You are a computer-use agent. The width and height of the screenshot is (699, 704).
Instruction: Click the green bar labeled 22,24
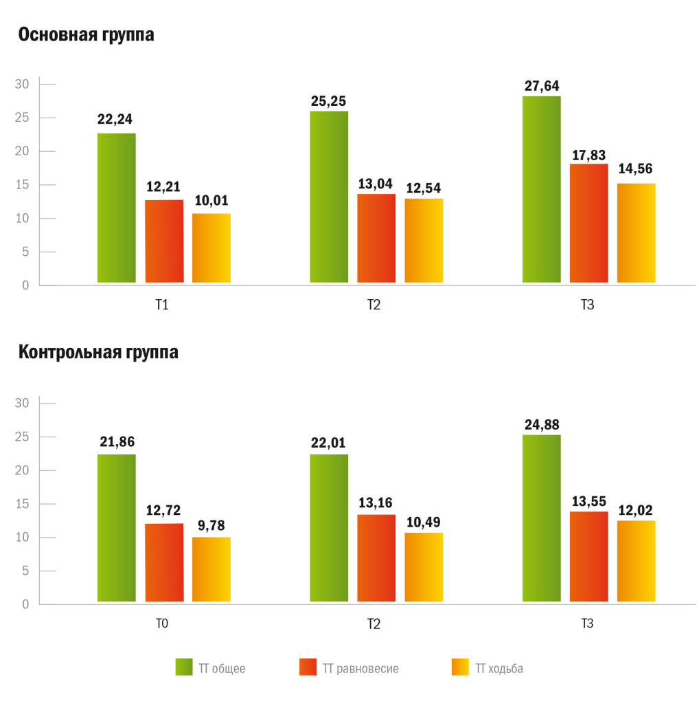(x=117, y=208)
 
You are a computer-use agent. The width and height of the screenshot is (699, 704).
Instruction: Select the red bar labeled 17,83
(x=588, y=223)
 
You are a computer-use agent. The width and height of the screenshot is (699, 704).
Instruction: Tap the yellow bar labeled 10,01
(x=211, y=247)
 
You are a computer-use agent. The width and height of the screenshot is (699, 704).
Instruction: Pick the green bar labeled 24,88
(x=542, y=518)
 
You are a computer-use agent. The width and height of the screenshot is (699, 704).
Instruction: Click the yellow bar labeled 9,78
(x=211, y=569)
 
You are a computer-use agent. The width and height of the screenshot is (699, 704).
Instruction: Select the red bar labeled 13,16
(x=376, y=558)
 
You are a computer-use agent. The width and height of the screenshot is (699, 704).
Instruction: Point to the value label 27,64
(x=542, y=86)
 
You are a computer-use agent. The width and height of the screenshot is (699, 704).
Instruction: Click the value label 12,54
(x=423, y=188)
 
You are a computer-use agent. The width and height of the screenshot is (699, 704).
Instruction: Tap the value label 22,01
(x=328, y=443)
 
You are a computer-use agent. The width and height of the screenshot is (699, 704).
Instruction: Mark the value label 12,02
(x=635, y=510)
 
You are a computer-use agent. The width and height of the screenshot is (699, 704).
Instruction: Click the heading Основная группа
(x=86, y=34)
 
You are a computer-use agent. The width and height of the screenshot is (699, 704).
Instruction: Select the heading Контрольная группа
(x=98, y=352)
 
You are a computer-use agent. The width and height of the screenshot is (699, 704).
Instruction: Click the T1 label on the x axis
(x=162, y=305)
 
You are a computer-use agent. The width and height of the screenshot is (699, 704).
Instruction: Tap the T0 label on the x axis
(x=162, y=623)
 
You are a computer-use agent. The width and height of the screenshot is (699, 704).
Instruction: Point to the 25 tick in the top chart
(x=21, y=118)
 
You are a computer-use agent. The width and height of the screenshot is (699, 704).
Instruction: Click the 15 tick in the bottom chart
(x=21, y=504)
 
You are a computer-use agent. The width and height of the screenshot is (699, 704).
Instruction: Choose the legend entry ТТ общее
(x=210, y=668)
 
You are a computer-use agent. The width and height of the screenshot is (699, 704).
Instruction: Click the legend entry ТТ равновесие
(x=349, y=668)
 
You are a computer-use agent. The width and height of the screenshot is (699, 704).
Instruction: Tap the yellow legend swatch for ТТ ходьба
(x=460, y=667)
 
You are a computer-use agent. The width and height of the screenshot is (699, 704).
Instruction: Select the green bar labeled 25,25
(x=329, y=197)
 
